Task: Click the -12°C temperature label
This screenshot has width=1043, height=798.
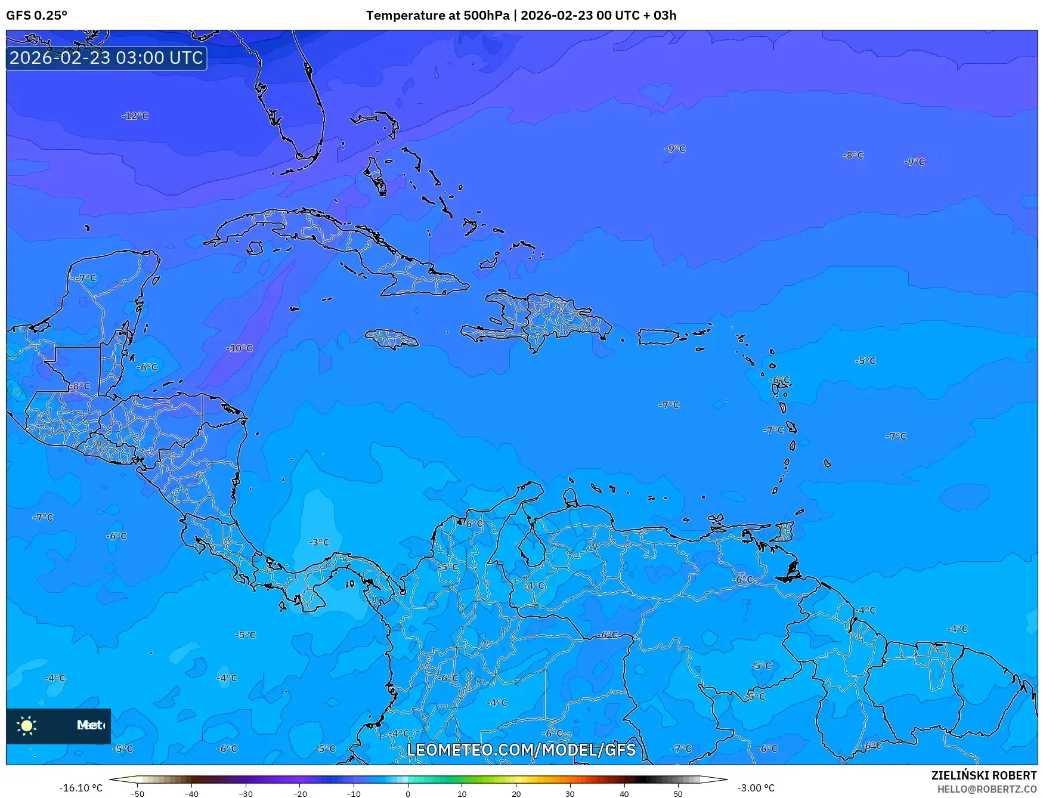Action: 135,116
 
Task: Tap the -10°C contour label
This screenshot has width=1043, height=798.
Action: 239,348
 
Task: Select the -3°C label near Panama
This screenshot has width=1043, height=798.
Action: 319,542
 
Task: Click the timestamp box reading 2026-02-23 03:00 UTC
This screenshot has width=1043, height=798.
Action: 106,58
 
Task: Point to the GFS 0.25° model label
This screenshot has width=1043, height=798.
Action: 36,16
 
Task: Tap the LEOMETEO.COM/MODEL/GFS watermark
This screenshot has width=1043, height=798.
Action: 521,750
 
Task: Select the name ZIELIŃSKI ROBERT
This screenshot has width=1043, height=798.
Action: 984,775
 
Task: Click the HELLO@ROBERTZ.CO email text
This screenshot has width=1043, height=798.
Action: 986,789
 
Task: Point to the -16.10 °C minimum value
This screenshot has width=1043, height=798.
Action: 81,788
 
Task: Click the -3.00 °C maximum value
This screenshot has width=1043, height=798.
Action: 756,788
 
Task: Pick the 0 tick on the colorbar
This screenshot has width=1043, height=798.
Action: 408,794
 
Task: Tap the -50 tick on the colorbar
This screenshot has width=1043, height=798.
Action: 137,794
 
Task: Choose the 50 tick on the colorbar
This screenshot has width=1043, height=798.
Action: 678,794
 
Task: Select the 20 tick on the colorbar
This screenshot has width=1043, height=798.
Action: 516,794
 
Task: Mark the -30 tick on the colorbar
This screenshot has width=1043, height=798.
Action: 246,794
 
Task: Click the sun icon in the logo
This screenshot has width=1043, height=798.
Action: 27,725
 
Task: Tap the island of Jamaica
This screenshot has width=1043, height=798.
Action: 392,339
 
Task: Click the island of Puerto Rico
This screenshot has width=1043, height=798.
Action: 658,337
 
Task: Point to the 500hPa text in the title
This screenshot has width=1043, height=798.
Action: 487,16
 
